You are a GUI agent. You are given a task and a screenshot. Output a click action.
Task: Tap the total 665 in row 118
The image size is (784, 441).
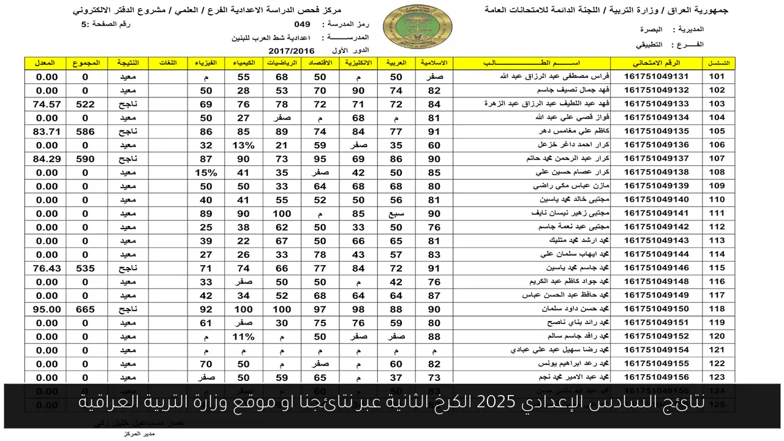click(x=85, y=309)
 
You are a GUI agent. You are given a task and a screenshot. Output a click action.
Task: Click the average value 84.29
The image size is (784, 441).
click(x=47, y=159)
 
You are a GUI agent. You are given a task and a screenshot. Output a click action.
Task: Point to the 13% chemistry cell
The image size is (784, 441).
click(x=243, y=145)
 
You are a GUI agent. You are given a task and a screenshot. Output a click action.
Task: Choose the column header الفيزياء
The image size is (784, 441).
click(x=205, y=63)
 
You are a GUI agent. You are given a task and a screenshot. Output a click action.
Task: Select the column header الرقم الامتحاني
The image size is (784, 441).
click(x=657, y=63)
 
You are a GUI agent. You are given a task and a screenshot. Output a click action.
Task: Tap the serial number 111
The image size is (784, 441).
click(x=717, y=213)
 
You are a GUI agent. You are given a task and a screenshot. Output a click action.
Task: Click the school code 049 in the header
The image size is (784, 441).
click(x=302, y=24)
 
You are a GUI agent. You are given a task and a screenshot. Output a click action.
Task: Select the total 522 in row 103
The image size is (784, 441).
click(x=85, y=104)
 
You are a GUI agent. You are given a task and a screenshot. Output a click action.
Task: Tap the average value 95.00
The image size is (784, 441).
click(x=47, y=309)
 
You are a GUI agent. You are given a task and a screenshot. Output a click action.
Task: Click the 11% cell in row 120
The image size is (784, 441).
click(x=243, y=336)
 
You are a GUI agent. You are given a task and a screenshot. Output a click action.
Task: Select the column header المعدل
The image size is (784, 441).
click(x=47, y=63)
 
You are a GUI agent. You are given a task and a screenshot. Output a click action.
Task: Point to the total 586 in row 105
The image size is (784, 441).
click(x=85, y=131)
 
